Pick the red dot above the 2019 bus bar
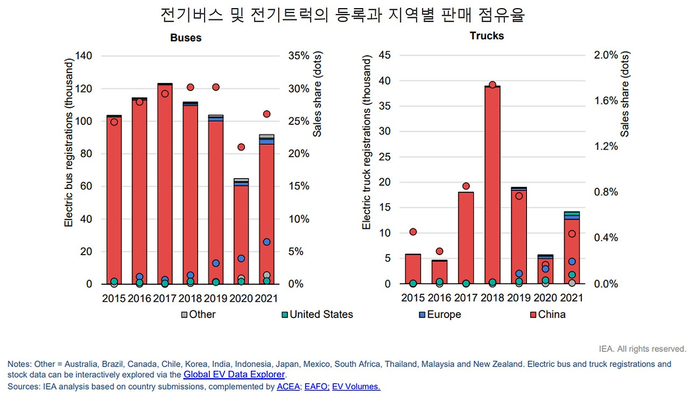click(216, 87)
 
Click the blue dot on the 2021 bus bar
click(267, 242)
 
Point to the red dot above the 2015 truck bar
click(413, 232)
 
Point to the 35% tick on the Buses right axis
click(299, 56)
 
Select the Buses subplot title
click(186, 38)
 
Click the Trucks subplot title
click(487, 36)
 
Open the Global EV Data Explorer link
click(234, 375)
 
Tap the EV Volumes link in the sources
click(356, 386)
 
